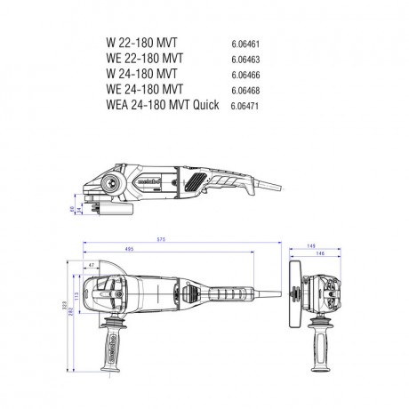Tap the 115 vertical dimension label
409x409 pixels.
click(76, 294)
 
